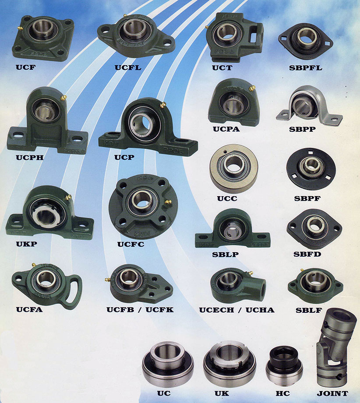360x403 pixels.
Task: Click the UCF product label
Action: pos(26,67)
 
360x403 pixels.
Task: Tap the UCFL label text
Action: pos(128,67)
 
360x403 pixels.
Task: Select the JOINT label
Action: pos(332,393)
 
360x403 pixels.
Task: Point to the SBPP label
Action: pos(303,129)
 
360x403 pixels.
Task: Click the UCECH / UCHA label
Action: pos(236,310)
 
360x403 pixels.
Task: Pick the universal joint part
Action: pos(336,347)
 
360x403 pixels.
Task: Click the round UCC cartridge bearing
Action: pos(233,168)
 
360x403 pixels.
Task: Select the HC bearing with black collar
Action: pos(284,365)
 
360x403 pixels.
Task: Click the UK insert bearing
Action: pos(229,364)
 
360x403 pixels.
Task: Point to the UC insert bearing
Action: pos(168,364)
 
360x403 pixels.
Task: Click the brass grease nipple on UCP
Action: pos(162,105)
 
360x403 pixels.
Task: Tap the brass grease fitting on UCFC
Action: pos(168,202)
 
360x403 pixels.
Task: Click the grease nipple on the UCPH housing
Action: pos(64,98)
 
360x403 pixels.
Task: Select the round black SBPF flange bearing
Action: pos(311,169)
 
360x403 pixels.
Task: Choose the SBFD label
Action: pos(307,254)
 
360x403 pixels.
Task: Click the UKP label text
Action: pos(26,244)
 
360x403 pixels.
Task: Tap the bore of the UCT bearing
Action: pos(228,34)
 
